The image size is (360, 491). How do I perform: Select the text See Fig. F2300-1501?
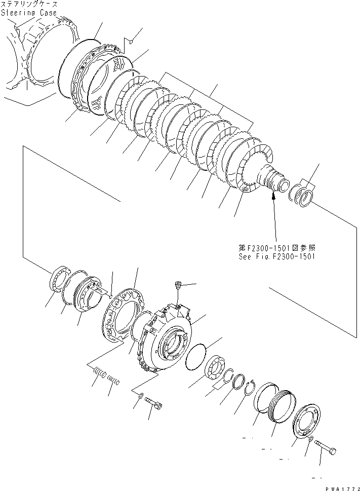tap(277, 256)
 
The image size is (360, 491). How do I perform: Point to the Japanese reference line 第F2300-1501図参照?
tap(277, 249)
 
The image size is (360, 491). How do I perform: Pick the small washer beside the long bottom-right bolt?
tap(311, 439)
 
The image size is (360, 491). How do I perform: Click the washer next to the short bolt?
tap(140, 395)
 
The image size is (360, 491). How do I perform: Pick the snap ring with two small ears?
tap(249, 388)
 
